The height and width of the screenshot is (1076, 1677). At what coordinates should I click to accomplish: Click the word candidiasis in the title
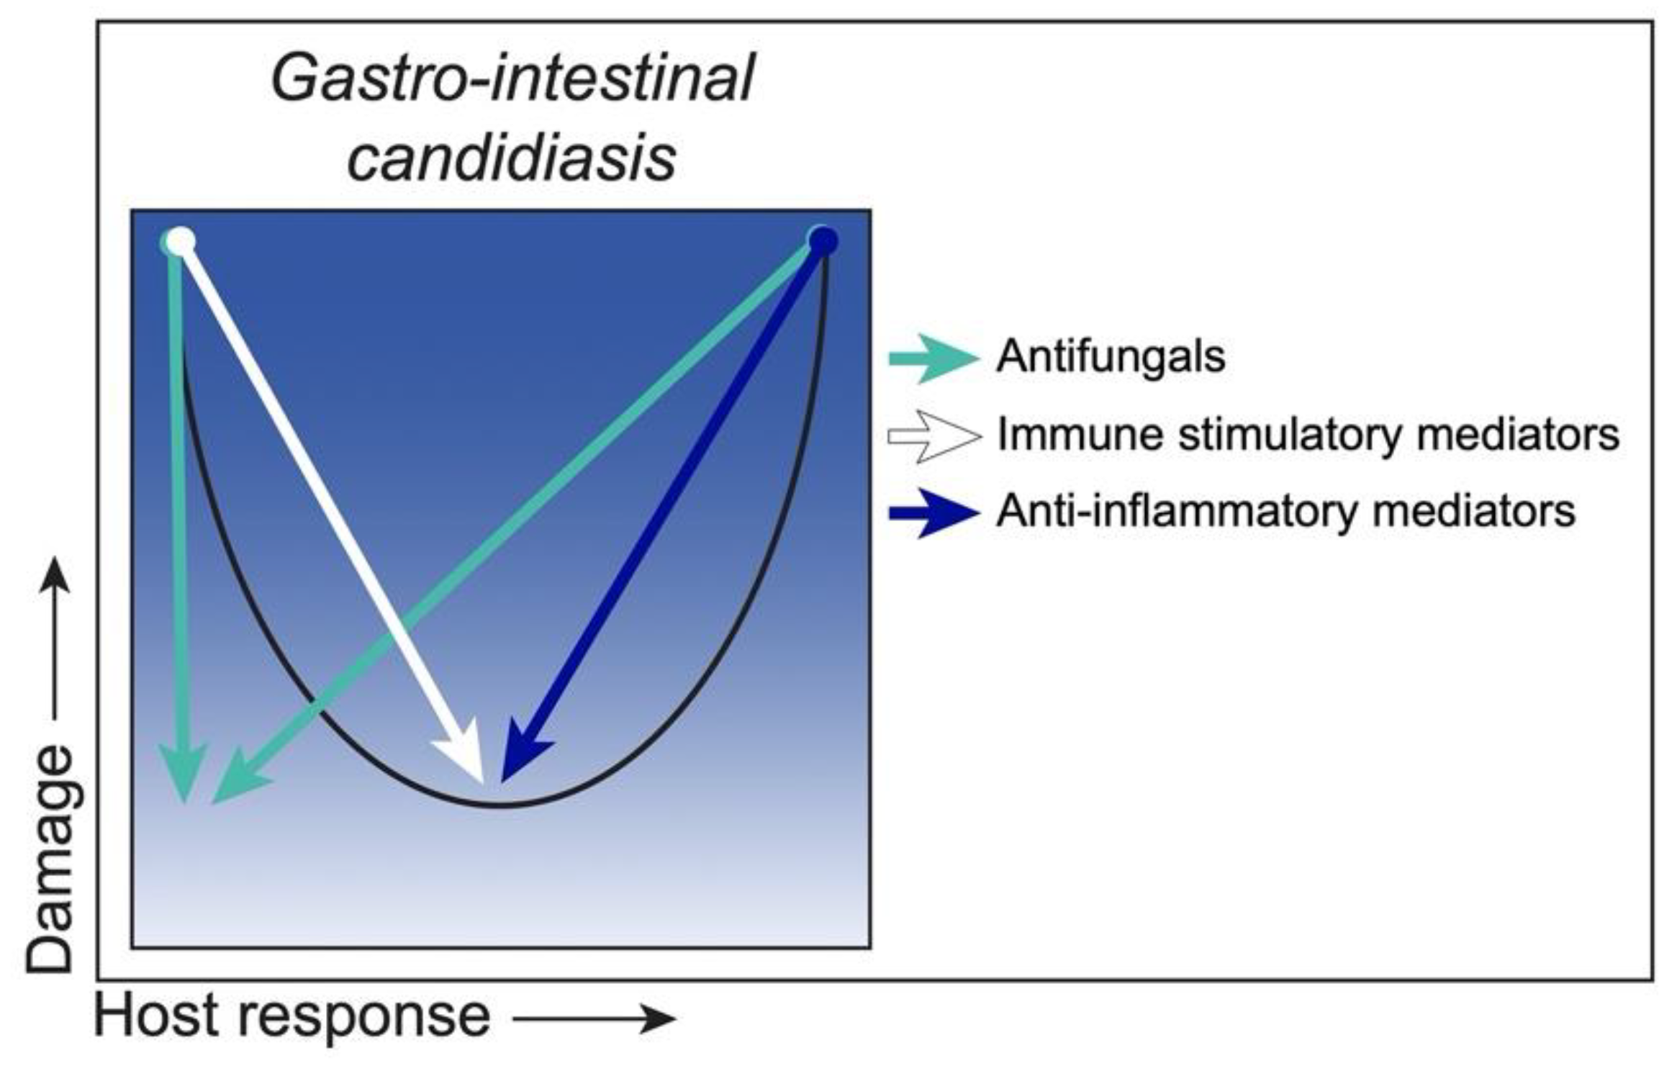(512, 158)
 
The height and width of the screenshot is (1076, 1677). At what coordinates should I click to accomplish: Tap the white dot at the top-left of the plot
(180, 242)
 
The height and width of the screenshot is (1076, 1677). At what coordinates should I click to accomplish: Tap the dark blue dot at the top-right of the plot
(823, 240)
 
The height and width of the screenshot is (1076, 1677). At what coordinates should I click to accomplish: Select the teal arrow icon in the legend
(934, 358)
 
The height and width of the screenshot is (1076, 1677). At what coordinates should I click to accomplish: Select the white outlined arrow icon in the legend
(934, 436)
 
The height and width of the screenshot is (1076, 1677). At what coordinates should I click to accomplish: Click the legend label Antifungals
(1110, 356)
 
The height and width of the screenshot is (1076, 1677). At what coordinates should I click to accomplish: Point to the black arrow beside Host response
(595, 1018)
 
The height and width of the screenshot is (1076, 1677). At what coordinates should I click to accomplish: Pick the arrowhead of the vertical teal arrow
(184, 774)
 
